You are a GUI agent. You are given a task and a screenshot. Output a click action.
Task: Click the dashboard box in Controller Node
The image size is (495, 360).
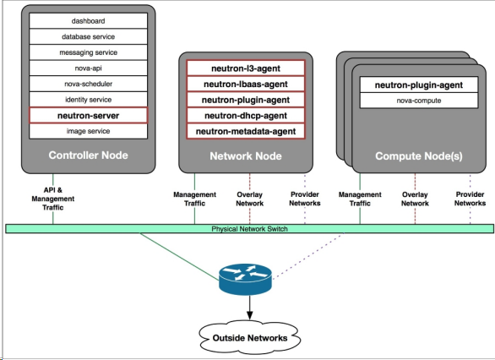(x=88, y=21)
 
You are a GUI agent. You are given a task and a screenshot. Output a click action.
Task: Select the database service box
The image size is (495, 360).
(x=88, y=36)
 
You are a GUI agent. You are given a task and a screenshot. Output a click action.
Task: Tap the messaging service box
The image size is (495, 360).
(x=88, y=52)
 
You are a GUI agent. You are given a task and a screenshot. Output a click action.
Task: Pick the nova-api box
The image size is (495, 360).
(x=88, y=68)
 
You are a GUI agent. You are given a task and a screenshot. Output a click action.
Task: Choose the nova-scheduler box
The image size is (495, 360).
(x=88, y=84)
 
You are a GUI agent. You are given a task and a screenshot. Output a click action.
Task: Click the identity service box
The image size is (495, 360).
(x=88, y=100)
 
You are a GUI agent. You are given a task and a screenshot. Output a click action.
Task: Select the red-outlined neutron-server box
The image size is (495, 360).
(x=88, y=116)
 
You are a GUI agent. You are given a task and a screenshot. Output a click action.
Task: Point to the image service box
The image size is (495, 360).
(x=88, y=131)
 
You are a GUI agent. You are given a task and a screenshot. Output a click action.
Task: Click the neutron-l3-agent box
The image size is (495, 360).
(x=246, y=68)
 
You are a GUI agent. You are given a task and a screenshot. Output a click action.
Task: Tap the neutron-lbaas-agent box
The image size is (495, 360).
(x=246, y=84)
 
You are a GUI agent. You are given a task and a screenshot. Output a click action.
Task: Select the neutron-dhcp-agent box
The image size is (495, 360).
(x=246, y=116)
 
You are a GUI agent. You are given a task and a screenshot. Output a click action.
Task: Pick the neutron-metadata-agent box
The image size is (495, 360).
(x=246, y=131)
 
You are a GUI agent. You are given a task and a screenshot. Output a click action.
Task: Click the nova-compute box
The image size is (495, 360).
(x=419, y=101)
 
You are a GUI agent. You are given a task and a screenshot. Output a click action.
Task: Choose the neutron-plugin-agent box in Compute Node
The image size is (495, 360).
(x=419, y=85)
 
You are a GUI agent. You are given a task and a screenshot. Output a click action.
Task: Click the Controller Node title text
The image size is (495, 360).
(x=88, y=155)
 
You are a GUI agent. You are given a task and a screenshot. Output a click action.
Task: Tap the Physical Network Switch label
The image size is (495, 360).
(x=249, y=229)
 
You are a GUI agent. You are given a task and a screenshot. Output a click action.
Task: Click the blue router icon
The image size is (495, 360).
(x=245, y=279)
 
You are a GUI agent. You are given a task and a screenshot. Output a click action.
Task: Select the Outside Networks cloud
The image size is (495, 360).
(x=250, y=337)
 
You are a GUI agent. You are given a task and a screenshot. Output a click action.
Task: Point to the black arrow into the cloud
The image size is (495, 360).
(x=250, y=308)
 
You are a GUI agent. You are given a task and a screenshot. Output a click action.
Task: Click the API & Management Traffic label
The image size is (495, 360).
(x=53, y=199)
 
